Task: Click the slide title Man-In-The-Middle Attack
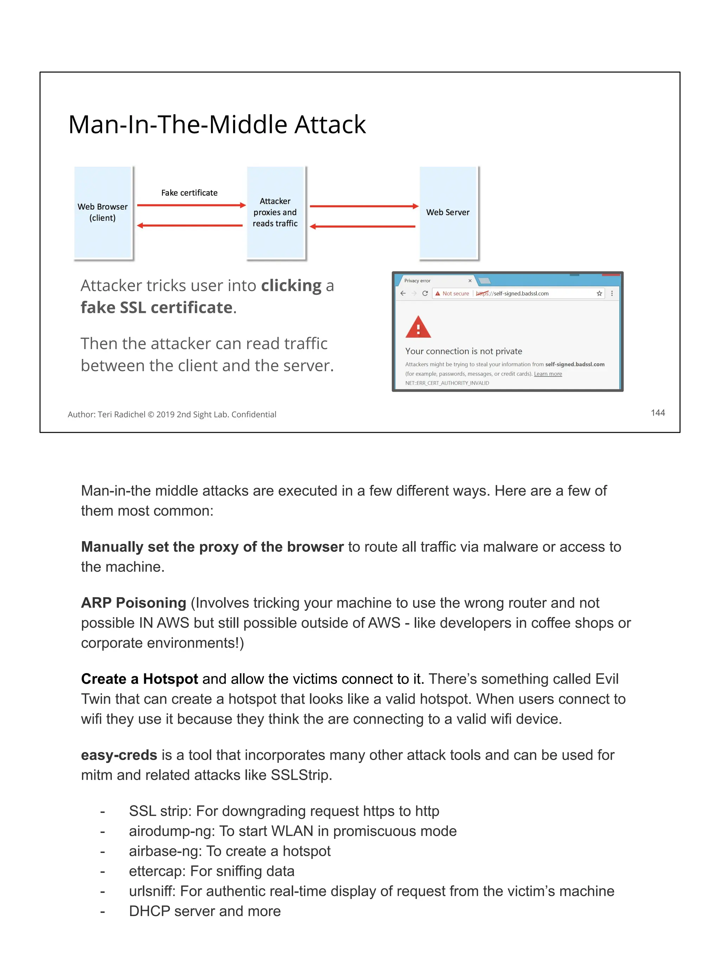217,125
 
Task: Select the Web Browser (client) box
103,213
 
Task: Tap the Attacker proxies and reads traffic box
275,213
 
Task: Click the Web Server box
448,213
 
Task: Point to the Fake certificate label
189,193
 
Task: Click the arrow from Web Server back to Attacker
363,226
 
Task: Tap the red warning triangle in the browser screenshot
418,328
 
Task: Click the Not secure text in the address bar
455,294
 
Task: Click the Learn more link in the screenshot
548,374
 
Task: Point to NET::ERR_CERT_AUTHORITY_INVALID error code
447,383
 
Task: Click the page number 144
657,413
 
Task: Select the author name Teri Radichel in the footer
122,415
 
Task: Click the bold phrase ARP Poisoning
134,603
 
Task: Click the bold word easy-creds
119,755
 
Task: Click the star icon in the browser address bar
599,294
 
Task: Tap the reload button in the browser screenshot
425,294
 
